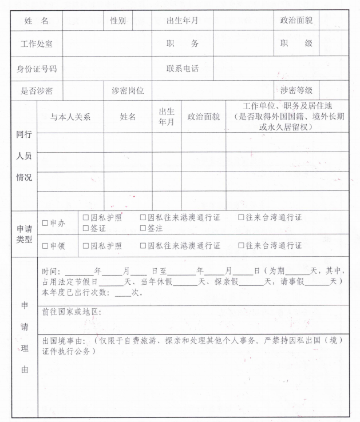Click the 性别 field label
point(118,21)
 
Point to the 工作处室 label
point(36,44)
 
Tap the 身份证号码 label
point(36,69)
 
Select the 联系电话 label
point(182,69)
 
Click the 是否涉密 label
point(36,90)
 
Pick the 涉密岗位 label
point(128,90)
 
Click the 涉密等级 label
point(296,90)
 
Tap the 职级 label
point(296,44)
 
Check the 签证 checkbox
point(86,228)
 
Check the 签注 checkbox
point(143,228)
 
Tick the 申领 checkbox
point(45,246)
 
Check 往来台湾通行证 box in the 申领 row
point(242,246)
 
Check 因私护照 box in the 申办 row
point(86,218)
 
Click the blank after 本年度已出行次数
point(122,293)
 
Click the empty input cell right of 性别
point(142,21)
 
